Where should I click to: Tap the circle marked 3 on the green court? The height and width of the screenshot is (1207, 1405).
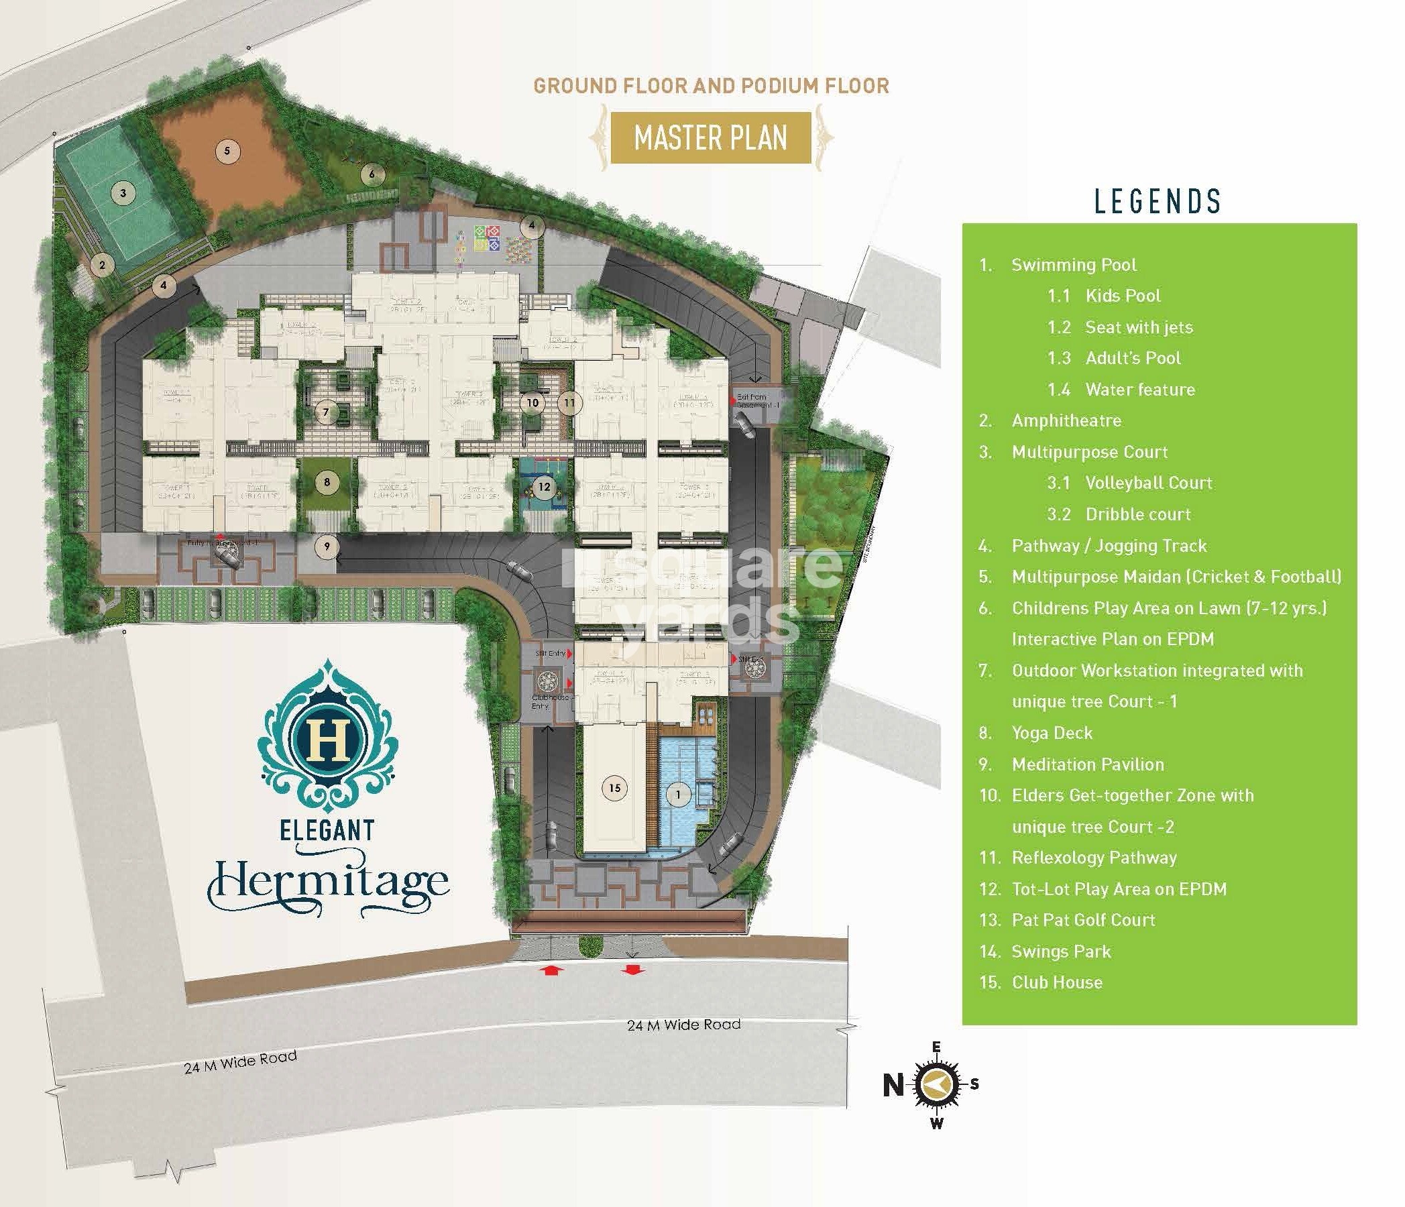pos(123,192)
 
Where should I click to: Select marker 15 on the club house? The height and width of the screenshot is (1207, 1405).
pos(614,787)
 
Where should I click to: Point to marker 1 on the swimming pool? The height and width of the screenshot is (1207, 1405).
pos(678,795)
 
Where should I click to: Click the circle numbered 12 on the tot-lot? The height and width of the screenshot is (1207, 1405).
pos(544,486)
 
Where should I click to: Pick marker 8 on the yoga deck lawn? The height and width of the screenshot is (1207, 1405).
pos(327,482)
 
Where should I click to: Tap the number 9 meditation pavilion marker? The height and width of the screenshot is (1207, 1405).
pos(327,546)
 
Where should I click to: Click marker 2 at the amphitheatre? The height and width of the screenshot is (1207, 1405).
pos(103,264)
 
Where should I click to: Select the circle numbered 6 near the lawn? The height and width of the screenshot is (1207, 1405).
pos(372,174)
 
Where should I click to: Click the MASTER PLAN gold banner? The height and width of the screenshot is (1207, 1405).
pos(711,138)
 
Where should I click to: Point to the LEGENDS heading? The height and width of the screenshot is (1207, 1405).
pos(1158,201)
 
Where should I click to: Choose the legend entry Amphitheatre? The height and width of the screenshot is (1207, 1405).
pos(1066,420)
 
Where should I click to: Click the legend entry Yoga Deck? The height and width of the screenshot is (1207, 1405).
pos(1052,733)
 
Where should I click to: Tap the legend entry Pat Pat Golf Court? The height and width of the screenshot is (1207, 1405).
pos(1083,920)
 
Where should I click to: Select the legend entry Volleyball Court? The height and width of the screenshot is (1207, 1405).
pos(1149,483)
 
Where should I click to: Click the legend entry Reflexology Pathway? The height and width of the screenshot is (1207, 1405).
pos(1094,858)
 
